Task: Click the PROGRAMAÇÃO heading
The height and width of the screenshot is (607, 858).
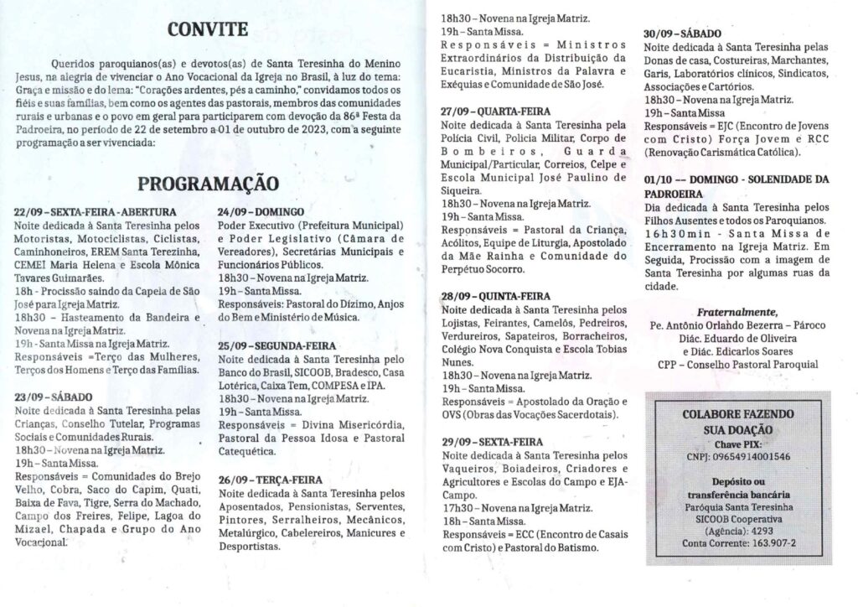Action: coord(208,183)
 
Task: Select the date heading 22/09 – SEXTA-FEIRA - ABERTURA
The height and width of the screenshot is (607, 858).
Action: coord(96,212)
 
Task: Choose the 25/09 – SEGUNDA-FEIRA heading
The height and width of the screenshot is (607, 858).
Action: coord(277,345)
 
